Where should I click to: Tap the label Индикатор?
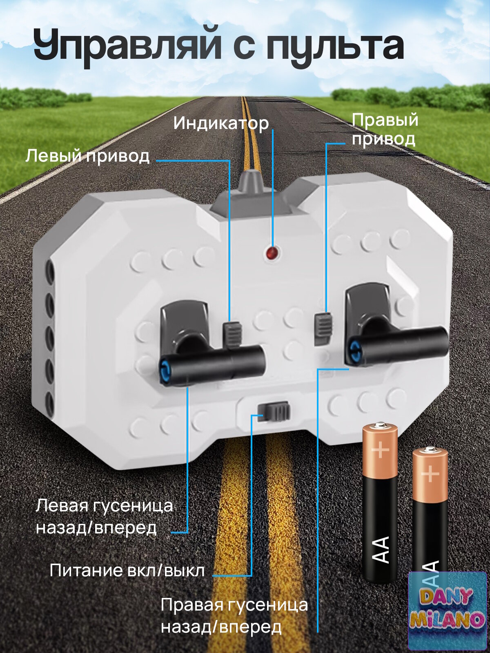221,123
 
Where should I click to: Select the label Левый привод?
87,156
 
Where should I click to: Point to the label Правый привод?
384,129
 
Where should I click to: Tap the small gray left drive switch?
232,334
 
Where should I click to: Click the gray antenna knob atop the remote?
252,182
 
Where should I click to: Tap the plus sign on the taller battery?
380,450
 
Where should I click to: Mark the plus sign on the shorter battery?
430,474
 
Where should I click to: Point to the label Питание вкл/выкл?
127,570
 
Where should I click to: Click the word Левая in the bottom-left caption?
62,506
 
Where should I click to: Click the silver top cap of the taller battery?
380,426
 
